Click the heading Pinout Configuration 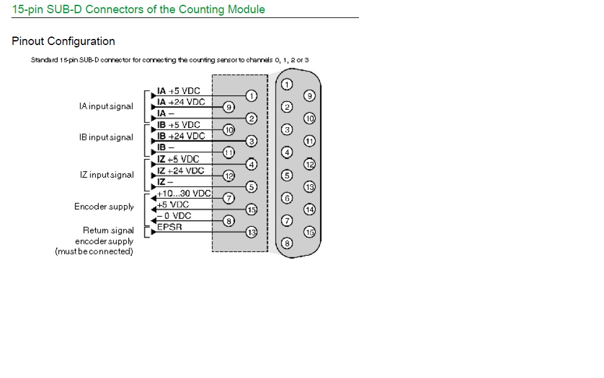click(64, 41)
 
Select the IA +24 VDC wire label click(181, 102)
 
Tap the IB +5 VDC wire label click(179, 125)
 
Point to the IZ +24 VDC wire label click(180, 170)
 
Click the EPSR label click(170, 227)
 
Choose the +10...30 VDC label click(185, 193)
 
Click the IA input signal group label click(106, 106)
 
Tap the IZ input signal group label click(107, 175)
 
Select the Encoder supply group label click(104, 206)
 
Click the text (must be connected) click(94, 251)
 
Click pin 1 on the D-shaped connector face click(287, 84)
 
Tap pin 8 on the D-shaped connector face click(287, 243)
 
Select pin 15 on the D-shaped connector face click(310, 232)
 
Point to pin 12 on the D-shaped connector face click(310, 164)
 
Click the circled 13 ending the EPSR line click(252, 232)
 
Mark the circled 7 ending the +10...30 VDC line click(228, 198)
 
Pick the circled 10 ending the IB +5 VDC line click(228, 130)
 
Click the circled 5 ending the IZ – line click(252, 187)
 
